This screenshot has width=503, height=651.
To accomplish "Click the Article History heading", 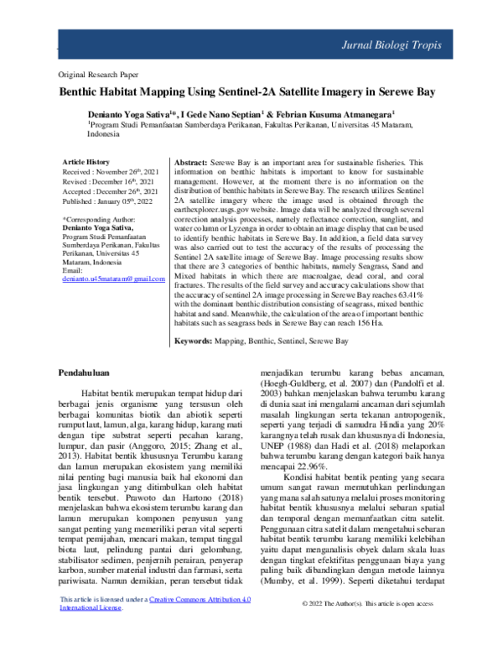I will tap(86, 161).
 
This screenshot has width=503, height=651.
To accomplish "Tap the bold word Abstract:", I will tap(189, 161).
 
